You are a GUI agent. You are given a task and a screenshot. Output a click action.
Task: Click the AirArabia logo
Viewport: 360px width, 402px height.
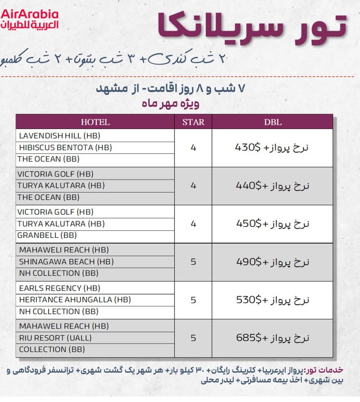coord(30,19)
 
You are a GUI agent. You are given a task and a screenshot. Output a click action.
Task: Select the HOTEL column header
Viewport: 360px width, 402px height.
coord(95,122)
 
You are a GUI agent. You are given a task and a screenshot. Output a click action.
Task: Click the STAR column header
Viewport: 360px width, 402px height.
coord(193,122)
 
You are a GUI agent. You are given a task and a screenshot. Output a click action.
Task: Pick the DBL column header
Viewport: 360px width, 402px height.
coord(272,122)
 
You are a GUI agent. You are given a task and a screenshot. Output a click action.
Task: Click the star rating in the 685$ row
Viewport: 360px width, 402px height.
coord(193,338)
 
